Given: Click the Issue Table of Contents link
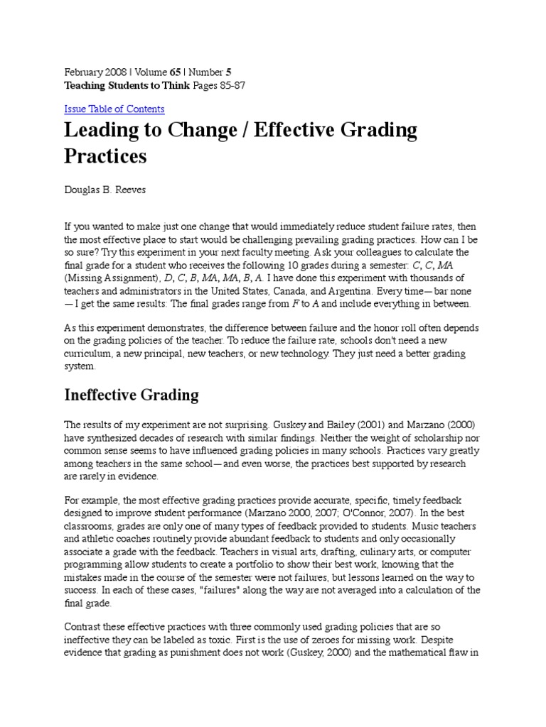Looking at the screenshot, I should (x=114, y=109).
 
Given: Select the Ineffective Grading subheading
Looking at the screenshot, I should (x=132, y=395).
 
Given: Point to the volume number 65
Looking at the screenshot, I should (x=173, y=72).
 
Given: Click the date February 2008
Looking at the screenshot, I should (x=95, y=72).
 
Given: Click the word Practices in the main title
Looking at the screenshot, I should (x=105, y=156).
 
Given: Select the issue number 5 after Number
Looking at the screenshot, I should (x=228, y=72).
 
